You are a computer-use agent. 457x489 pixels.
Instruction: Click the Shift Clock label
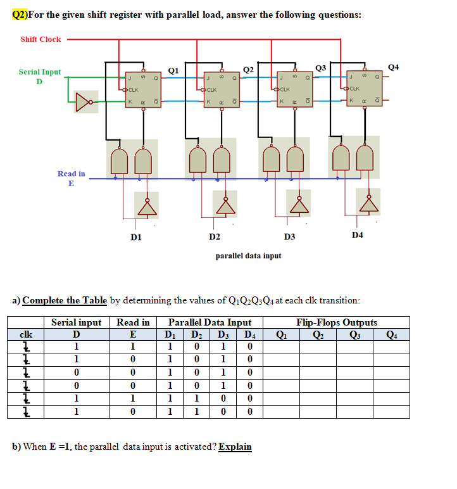coord(41,39)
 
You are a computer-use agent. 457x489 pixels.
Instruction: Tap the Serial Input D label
coord(40,77)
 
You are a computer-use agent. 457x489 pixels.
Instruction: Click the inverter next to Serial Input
coord(85,101)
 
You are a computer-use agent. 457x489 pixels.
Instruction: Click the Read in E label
coord(71,178)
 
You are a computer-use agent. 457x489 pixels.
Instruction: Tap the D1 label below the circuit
coord(135,237)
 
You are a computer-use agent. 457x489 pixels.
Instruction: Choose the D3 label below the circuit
coord(289,237)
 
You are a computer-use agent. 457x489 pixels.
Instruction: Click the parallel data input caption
coord(248,256)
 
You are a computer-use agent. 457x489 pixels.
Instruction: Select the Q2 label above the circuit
coord(249,69)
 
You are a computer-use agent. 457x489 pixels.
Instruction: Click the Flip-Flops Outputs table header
coord(336,322)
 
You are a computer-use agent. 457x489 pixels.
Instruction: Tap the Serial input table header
coord(76,322)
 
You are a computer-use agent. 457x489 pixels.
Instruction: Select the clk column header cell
coord(26,334)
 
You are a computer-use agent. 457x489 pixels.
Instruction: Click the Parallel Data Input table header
coord(210,322)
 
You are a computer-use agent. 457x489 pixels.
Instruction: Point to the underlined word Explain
coord(235,447)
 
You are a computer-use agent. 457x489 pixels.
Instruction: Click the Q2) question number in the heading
coord(23,14)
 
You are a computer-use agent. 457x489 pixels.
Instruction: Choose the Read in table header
coord(133,322)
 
